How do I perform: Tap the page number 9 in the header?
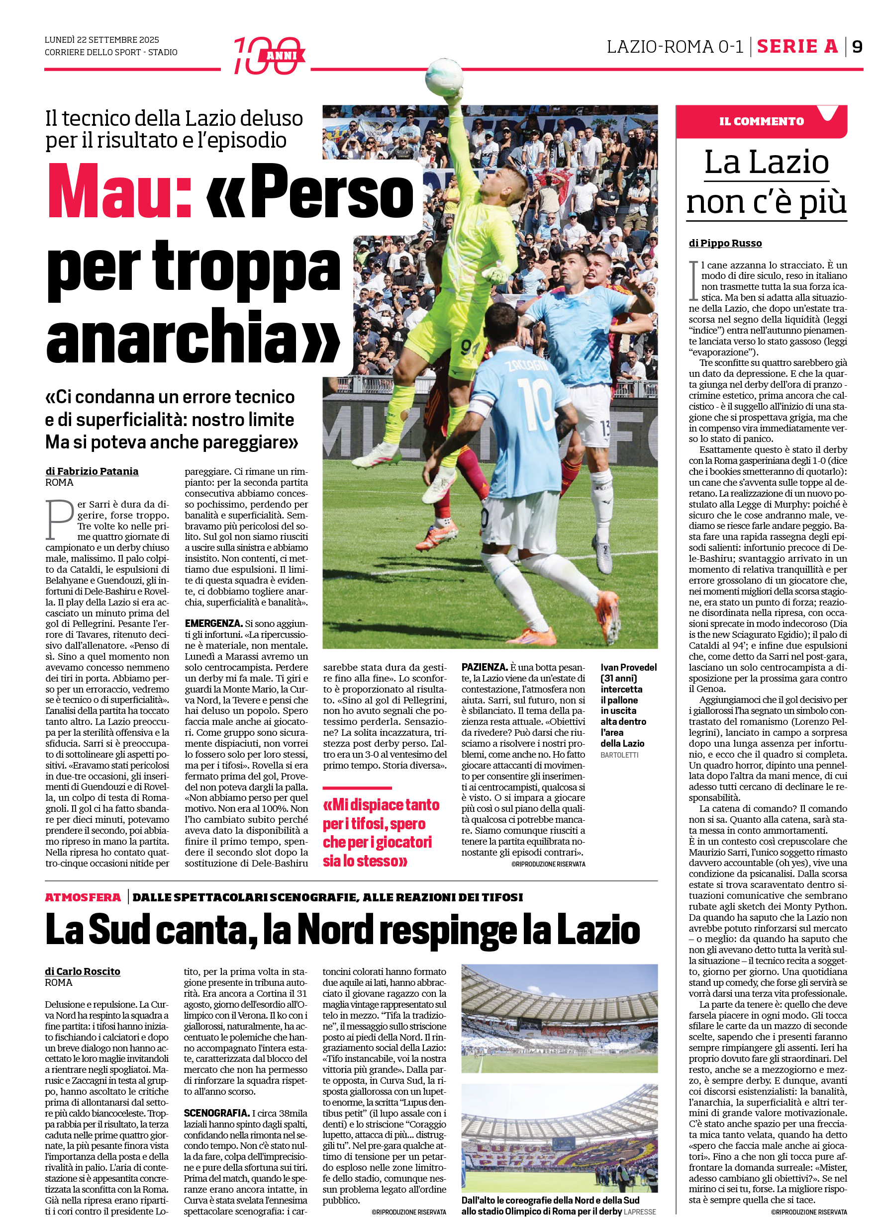pyautogui.click(x=857, y=47)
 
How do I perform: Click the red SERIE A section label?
pyautogui.click(x=797, y=47)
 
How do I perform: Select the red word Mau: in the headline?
pyautogui.click(x=120, y=191)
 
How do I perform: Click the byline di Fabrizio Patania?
pyautogui.click(x=92, y=471)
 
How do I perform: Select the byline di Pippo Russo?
pyautogui.click(x=725, y=243)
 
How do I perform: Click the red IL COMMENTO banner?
pyautogui.click(x=761, y=121)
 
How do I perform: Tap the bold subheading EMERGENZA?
pyautogui.click(x=213, y=623)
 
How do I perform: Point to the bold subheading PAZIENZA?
pyautogui.click(x=484, y=667)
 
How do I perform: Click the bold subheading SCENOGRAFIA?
pyautogui.click(x=216, y=1113)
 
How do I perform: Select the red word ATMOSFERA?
pyautogui.click(x=83, y=897)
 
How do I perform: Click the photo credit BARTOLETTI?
pyautogui.click(x=619, y=755)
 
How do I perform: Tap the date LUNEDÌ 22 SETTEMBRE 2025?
pyautogui.click(x=101, y=40)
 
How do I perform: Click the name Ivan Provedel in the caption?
pyautogui.click(x=628, y=667)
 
